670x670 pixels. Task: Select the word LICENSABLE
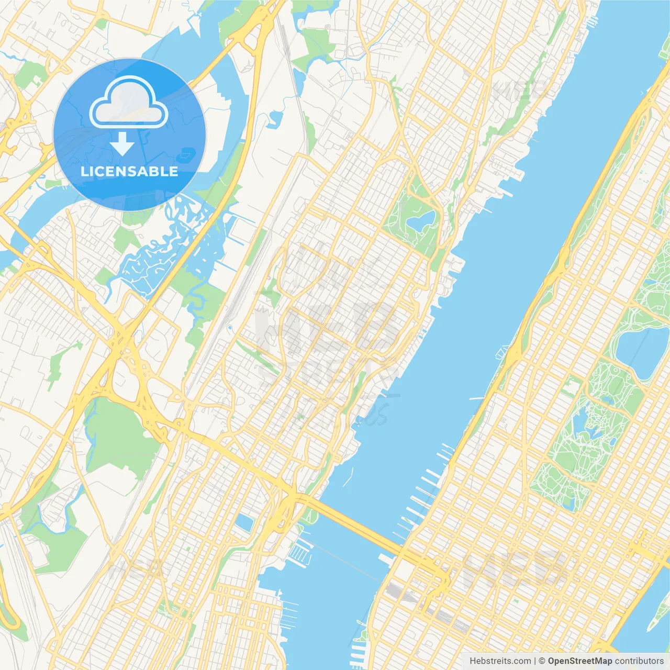129,171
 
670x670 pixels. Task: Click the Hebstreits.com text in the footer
500,661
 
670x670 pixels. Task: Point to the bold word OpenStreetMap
580,661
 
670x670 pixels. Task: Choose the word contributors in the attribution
639,661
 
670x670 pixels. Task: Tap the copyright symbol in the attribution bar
542,661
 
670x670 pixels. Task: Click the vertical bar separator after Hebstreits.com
535,661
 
